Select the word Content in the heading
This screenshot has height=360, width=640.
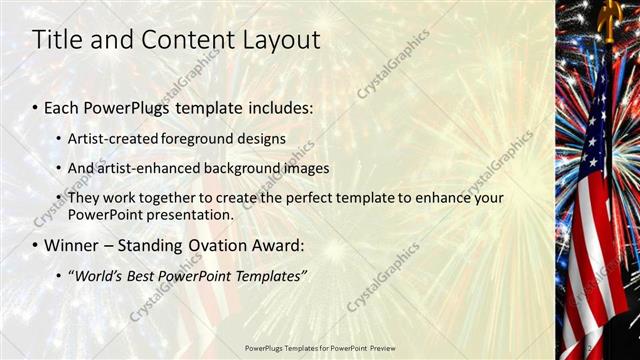(x=176, y=40)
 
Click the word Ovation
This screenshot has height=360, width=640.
(x=212, y=245)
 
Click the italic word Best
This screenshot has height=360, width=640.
(x=148, y=276)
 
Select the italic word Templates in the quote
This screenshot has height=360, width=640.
(x=269, y=276)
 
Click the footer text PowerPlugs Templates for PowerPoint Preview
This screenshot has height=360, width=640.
(x=320, y=348)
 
